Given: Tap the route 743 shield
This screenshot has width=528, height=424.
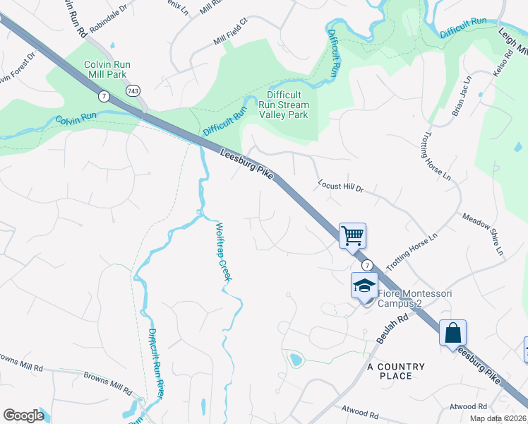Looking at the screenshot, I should [x=133, y=91].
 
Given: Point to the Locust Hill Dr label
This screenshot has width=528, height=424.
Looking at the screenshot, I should [x=340, y=187].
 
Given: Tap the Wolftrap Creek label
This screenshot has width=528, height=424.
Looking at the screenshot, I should [x=223, y=252].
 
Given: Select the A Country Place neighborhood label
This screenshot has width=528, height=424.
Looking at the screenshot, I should [x=396, y=371].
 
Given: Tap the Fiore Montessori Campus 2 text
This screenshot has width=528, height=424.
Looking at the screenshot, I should [x=415, y=298].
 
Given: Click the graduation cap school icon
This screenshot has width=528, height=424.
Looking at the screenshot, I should [x=365, y=285].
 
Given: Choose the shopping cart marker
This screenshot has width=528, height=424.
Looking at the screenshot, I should [x=352, y=235].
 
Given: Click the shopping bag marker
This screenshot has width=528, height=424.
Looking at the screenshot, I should [x=452, y=332].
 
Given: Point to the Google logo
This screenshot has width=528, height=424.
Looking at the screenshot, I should [x=23, y=416].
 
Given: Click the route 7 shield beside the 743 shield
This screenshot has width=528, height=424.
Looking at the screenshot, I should [x=104, y=96].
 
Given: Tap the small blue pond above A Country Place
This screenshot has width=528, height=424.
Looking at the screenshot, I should [x=296, y=360].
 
